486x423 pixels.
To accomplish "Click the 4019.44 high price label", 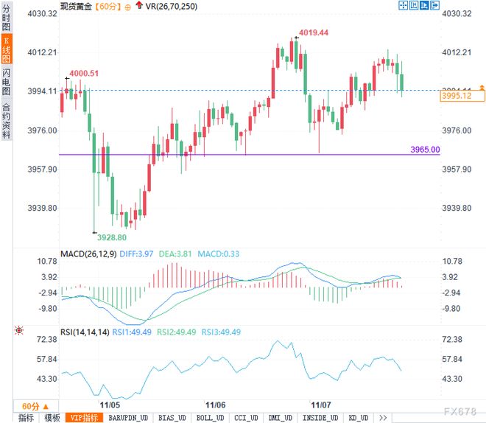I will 314,33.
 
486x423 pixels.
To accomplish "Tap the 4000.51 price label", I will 84,73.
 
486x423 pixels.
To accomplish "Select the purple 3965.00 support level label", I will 425,150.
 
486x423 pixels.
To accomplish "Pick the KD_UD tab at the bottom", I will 358,417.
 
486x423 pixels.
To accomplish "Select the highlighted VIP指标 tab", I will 83,417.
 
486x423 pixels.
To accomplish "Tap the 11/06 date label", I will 215,405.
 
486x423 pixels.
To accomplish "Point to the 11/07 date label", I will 321,405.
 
